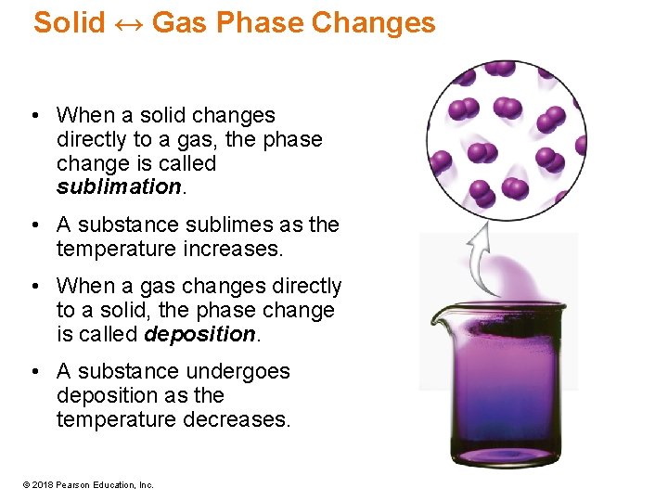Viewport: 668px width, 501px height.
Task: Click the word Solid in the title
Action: pos(69,23)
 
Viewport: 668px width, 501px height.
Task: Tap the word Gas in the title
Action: pos(178,23)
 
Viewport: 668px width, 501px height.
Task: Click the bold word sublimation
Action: pos(117,187)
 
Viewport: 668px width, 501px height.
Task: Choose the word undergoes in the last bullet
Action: pos(242,372)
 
